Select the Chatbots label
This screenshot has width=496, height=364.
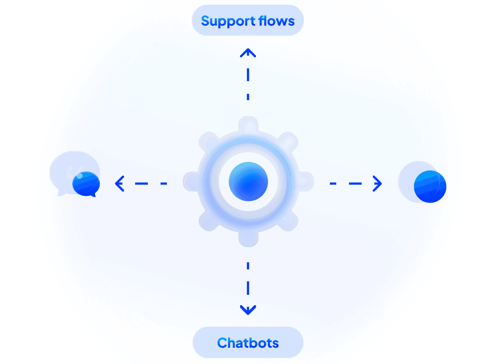[x=248, y=343]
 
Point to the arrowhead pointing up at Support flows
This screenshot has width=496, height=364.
[x=248, y=52]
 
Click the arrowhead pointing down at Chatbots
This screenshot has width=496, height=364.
[x=248, y=310]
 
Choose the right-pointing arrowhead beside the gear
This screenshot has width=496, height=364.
[x=378, y=184]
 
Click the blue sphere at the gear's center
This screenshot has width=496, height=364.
[x=248, y=182]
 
